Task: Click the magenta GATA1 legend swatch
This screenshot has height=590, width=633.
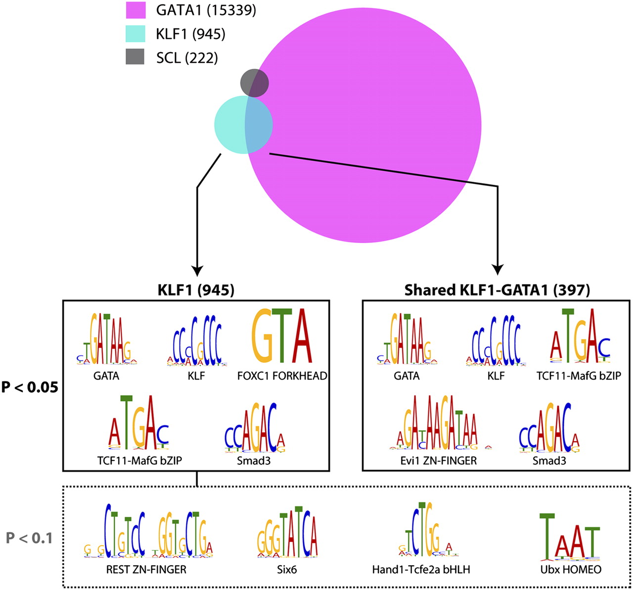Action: (x=135, y=10)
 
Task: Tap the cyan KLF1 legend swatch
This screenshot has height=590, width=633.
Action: (x=135, y=34)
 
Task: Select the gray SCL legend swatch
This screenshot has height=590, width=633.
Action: (x=135, y=57)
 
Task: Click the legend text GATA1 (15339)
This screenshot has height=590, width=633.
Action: (x=206, y=10)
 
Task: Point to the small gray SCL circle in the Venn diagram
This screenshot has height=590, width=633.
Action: (x=254, y=82)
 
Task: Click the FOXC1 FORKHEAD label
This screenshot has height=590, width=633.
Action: (x=282, y=376)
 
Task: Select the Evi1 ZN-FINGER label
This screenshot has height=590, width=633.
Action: (x=439, y=461)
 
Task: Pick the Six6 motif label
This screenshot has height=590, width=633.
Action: (x=287, y=570)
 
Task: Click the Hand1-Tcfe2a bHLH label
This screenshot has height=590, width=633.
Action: (x=421, y=570)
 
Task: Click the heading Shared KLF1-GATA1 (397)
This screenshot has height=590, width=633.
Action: (x=497, y=290)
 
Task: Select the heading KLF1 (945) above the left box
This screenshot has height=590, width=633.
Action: (x=197, y=290)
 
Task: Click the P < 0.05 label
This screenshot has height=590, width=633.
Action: (x=30, y=387)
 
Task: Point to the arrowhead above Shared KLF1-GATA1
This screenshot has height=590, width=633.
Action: (x=497, y=268)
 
